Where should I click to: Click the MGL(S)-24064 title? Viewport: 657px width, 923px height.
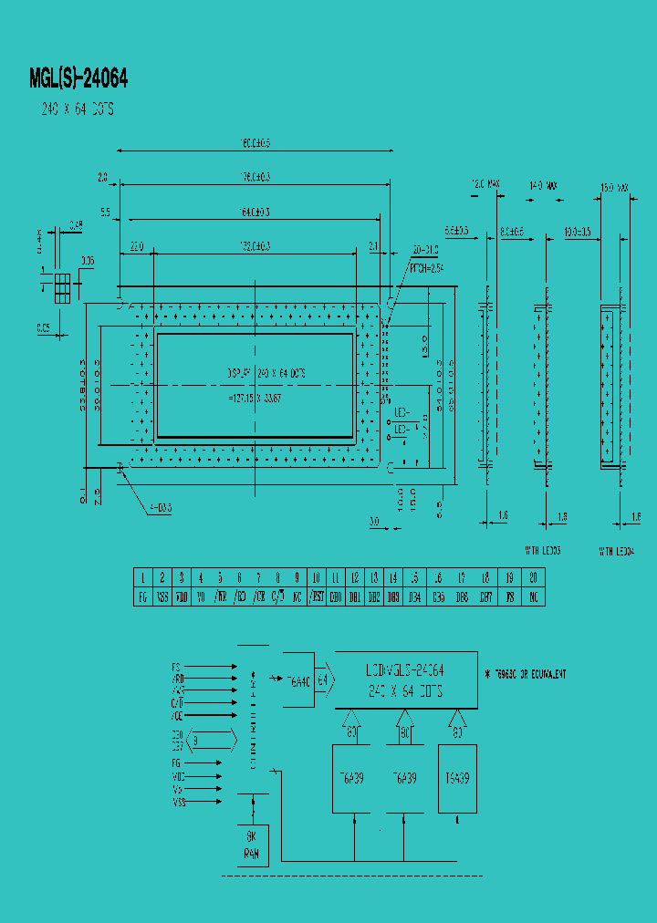[78, 79]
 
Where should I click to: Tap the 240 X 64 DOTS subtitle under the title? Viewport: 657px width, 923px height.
[78, 109]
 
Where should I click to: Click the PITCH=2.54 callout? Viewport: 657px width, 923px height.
[425, 269]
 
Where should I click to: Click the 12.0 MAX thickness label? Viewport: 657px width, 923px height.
[485, 185]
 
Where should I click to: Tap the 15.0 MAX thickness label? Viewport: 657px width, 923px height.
[612, 188]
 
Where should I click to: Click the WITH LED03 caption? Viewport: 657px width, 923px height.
[542, 551]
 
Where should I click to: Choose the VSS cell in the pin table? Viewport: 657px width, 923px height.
[162, 597]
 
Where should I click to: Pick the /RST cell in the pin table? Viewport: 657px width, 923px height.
[316, 597]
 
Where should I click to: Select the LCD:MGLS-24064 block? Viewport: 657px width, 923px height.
[406, 679]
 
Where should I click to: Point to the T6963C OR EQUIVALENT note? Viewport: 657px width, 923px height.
[529, 674]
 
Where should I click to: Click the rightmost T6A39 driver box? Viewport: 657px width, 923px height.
[457, 778]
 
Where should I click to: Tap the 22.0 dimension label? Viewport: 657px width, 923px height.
[138, 246]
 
